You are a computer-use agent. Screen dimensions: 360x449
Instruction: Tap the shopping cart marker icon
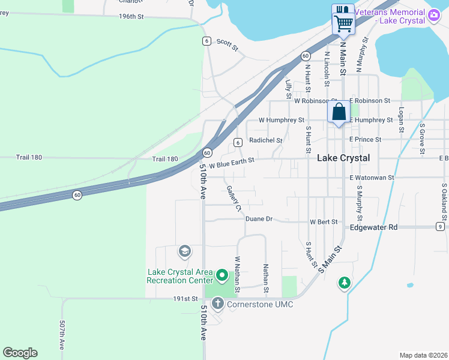(343, 23)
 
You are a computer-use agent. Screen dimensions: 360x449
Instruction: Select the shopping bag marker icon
(339, 112)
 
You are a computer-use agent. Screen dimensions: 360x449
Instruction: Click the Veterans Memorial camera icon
(434, 16)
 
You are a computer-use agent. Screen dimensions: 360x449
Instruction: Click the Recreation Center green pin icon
(221, 276)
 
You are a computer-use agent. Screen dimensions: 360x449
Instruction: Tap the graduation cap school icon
(185, 251)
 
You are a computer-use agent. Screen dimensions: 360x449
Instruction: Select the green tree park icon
(344, 282)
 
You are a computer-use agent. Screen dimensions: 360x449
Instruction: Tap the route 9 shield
(439, 227)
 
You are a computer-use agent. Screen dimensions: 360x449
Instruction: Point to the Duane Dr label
(259, 219)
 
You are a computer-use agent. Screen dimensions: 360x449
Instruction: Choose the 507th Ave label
(62, 335)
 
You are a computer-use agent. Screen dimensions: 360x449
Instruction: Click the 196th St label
(131, 17)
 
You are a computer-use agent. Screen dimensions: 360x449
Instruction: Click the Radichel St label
(265, 140)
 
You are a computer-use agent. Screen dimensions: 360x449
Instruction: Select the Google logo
(20, 353)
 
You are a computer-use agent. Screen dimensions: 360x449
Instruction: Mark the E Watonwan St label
(372, 178)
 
